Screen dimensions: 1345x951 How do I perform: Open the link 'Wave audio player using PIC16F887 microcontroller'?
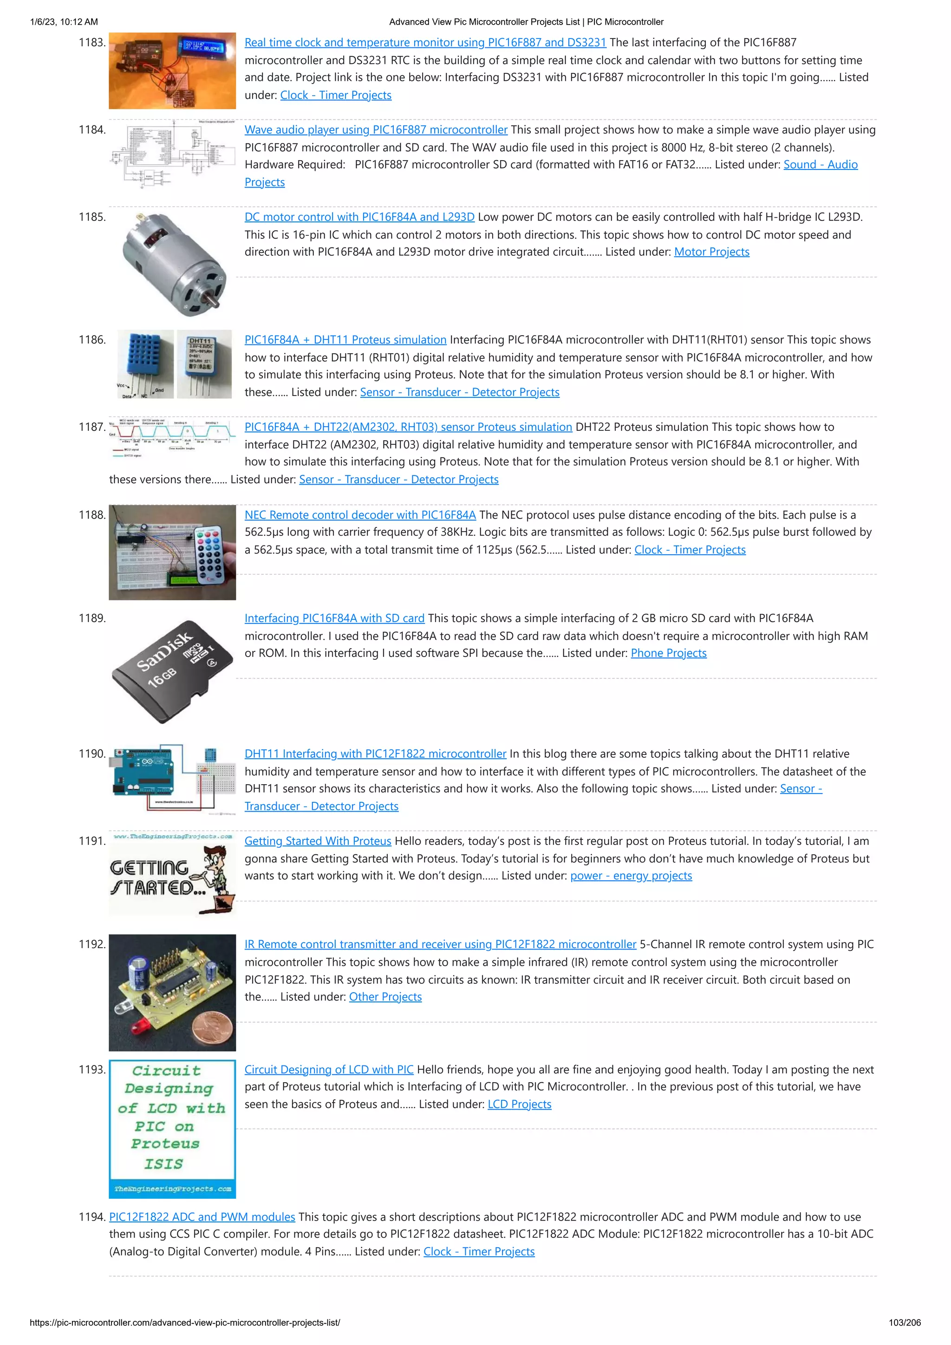(x=376, y=130)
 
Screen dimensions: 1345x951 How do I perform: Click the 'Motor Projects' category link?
(x=711, y=252)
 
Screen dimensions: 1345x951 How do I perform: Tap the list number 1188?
(x=92, y=515)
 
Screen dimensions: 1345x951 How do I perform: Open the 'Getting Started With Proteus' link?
(x=318, y=841)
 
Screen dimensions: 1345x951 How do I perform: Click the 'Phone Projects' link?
(x=669, y=653)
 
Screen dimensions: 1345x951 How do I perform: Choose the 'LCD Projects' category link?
(x=519, y=1104)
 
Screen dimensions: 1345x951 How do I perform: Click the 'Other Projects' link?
(x=385, y=997)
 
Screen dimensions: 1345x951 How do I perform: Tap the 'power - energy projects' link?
(x=631, y=876)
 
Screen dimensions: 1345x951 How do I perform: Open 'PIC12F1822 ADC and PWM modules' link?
(x=202, y=1217)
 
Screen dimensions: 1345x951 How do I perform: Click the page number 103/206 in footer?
(x=904, y=1322)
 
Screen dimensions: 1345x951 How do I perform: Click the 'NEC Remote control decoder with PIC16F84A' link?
(x=360, y=515)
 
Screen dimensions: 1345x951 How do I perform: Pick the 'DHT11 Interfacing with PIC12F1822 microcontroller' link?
(x=375, y=754)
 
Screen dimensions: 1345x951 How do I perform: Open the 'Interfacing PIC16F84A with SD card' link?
(x=334, y=618)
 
